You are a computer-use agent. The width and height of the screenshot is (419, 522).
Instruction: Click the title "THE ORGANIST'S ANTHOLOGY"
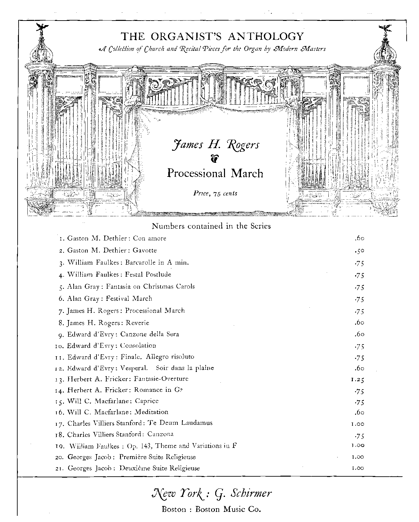212,36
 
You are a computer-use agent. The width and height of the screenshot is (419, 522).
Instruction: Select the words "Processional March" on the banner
215,173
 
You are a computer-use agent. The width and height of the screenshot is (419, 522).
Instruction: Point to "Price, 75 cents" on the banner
215,193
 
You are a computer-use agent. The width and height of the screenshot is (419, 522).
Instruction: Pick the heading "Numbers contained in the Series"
211,226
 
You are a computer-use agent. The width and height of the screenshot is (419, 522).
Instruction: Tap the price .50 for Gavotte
359,251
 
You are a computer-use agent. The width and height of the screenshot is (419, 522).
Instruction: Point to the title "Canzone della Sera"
150,334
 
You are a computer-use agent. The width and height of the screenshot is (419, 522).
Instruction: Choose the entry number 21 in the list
60,468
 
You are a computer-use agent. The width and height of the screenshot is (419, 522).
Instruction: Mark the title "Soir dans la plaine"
185,368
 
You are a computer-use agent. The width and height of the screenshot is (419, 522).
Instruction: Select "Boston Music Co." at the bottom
228,509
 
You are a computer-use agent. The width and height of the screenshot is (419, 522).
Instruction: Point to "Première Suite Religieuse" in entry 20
157,457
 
